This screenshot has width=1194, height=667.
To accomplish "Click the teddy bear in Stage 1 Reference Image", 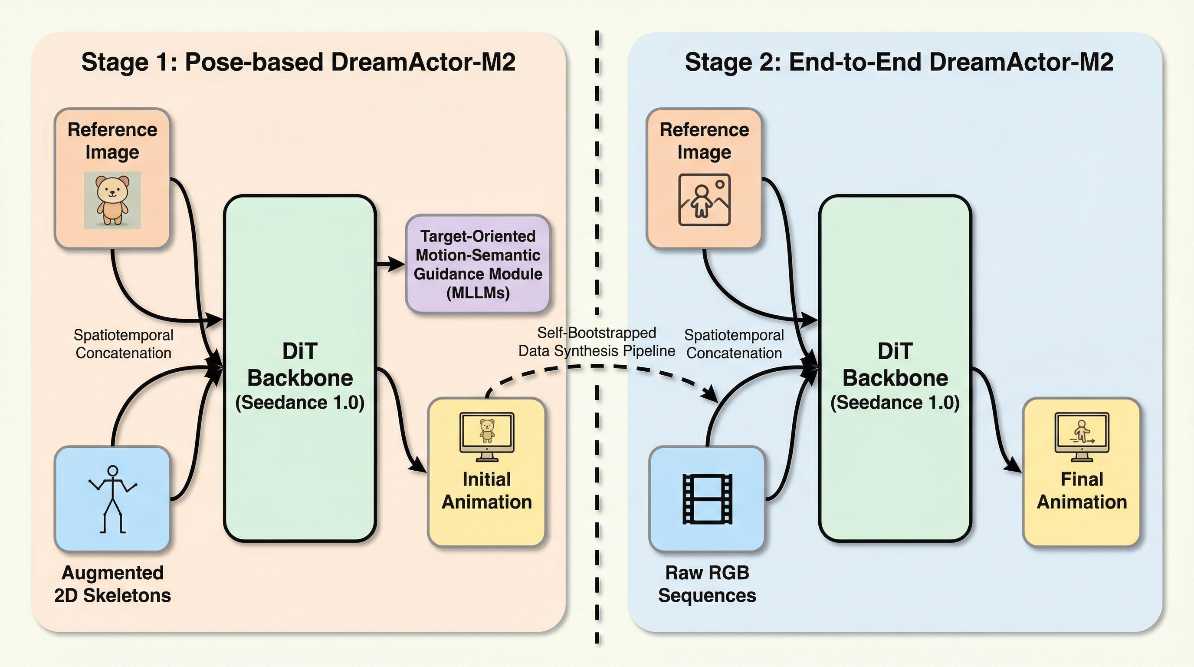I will click(x=112, y=200).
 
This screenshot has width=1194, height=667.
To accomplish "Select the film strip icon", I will click(x=707, y=499).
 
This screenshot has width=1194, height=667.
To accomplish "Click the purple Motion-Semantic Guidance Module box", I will click(x=478, y=264).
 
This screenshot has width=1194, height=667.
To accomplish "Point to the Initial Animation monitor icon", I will click(x=487, y=436).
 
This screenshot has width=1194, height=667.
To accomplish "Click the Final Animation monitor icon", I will click(x=1082, y=436).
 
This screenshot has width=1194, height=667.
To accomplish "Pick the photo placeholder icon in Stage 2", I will click(x=704, y=200).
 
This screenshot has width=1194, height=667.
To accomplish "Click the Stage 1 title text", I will click(x=298, y=62).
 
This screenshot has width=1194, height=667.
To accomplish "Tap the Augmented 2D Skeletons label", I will click(x=113, y=584).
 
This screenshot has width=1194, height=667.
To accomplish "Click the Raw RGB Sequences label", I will click(x=707, y=584).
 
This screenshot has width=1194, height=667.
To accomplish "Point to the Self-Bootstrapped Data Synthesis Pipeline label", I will click(x=597, y=342).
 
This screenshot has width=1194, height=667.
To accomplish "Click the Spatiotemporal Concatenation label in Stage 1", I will click(x=123, y=343).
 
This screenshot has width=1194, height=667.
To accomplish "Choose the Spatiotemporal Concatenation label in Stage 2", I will click(x=734, y=343).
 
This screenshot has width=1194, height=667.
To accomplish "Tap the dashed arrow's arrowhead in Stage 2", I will click(x=711, y=395).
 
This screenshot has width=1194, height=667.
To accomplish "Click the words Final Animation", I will click(x=1082, y=490).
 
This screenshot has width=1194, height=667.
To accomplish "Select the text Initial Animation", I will click(x=487, y=490).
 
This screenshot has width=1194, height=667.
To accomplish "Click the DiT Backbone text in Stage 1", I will click(x=300, y=365).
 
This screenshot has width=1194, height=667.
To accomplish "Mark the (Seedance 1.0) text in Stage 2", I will click(x=895, y=402).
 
